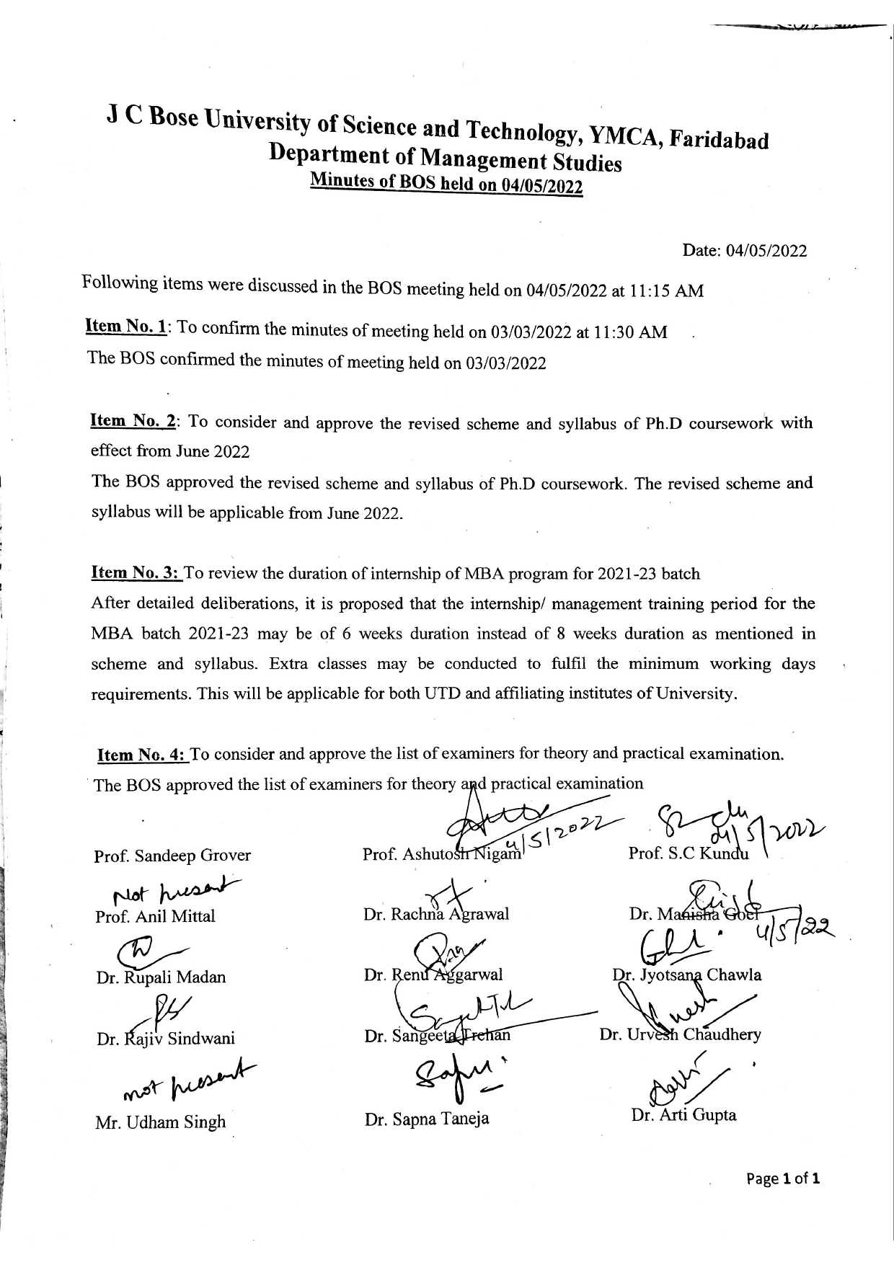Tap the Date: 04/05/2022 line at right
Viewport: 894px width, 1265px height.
[745, 251]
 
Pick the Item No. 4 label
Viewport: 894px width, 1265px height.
[142, 755]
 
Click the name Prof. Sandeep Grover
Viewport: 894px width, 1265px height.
[172, 856]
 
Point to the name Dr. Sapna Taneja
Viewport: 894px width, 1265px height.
[427, 1119]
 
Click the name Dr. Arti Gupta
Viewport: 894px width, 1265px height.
[683, 1115]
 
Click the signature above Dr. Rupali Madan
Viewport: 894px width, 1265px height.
[148, 952]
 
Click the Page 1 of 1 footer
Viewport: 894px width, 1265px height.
[783, 1179]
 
